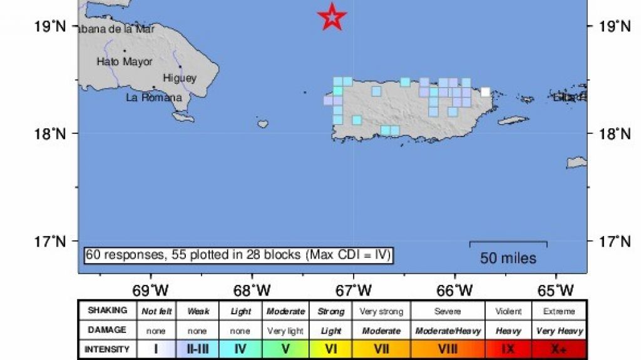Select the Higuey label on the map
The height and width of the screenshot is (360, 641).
[179, 78]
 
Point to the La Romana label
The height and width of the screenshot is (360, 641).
[153, 98]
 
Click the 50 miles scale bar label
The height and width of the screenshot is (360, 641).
[508, 258]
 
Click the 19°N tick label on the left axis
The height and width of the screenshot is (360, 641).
[51, 26]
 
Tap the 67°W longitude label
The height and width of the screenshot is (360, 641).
[354, 290]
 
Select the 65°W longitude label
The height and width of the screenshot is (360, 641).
[556, 290]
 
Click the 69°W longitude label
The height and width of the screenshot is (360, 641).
[151, 290]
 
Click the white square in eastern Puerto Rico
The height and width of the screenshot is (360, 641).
[485, 92]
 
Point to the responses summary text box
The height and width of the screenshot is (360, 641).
[238, 255]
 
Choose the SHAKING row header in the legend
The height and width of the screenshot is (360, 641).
[107, 311]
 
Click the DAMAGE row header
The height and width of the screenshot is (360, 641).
[107, 330]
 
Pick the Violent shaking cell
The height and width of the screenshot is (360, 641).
[508, 311]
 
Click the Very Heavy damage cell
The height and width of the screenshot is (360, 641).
[560, 330]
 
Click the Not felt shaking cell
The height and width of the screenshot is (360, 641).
[156, 311]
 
